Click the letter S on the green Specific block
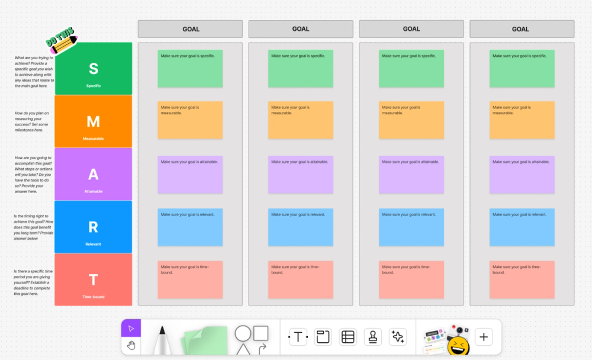click(94, 69)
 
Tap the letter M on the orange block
click(94, 121)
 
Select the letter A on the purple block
click(94, 174)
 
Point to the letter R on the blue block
click(94, 227)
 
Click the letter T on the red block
click(94, 279)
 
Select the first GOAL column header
click(190, 29)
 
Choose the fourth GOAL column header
click(522, 29)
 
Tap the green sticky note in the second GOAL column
click(301, 69)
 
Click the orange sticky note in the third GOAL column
click(411, 121)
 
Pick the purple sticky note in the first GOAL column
click(190, 174)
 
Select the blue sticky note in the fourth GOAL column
click(522, 227)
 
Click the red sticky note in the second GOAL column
click(301, 279)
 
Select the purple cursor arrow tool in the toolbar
click(131, 329)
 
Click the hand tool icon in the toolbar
click(131, 345)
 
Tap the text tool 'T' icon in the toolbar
click(298, 337)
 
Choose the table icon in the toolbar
click(348, 337)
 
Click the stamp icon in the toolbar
click(373, 337)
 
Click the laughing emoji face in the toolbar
click(458, 346)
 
